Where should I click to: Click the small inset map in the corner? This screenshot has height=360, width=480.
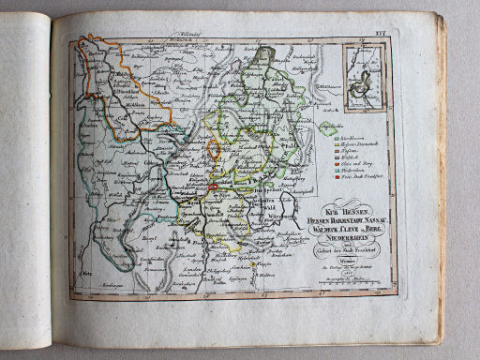click(x=364, y=74)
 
